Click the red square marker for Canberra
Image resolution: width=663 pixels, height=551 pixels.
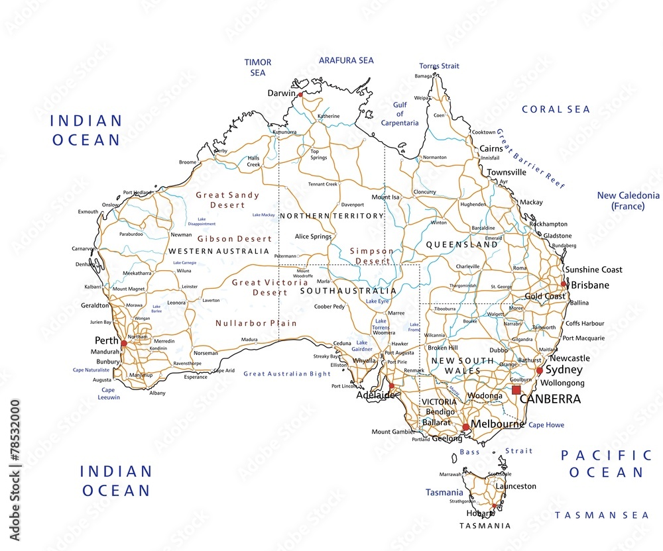[516, 389]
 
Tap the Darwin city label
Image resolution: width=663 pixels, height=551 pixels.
[281, 93]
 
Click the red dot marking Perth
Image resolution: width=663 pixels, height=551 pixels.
[124, 343]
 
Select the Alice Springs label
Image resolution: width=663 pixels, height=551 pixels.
[313, 236]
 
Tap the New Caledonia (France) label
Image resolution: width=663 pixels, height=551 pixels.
[628, 201]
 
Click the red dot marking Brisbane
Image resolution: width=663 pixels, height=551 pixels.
[564, 283]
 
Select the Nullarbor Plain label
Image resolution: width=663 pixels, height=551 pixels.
[256, 323]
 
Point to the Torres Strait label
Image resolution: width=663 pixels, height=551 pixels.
[439, 66]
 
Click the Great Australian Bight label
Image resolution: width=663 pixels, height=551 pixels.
[287, 374]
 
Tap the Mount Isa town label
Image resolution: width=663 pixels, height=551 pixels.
[385, 197]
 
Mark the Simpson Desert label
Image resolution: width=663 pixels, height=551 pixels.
[371, 256]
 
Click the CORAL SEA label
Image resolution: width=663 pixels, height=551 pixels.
[556, 109]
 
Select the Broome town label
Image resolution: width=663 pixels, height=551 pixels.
[188, 162]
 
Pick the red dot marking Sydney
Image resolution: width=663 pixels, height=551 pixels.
[540, 371]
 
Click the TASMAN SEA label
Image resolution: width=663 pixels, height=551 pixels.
[602, 515]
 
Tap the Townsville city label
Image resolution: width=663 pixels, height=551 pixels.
[507, 172]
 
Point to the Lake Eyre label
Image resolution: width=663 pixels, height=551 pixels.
[377, 301]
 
